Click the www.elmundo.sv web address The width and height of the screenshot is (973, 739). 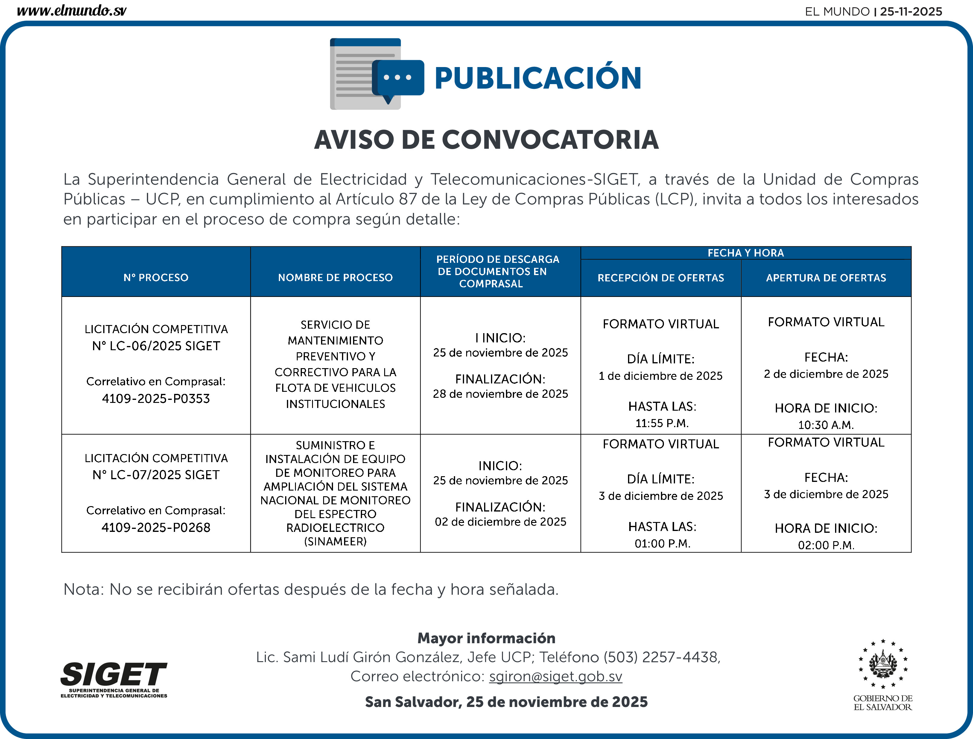point(72,10)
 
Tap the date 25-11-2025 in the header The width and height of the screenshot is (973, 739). point(911,11)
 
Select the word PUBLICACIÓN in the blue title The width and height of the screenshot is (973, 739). point(538,78)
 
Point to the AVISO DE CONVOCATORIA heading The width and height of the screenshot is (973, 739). point(486,140)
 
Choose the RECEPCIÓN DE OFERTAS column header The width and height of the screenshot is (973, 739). point(660,278)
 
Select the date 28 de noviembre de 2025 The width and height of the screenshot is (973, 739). point(500,394)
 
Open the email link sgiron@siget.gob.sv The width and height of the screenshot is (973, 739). point(556,676)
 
